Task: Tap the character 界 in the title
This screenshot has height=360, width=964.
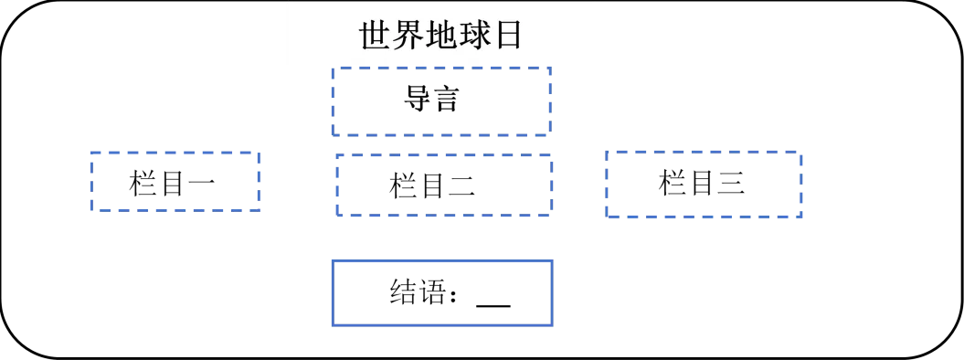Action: tap(409, 36)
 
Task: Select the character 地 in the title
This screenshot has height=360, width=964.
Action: tap(442, 36)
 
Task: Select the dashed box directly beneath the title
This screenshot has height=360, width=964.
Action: tap(442, 100)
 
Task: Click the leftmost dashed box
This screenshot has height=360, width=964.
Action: tap(175, 179)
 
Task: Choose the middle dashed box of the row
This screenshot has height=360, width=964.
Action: tap(442, 185)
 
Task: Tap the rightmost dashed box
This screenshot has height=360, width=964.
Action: tap(702, 184)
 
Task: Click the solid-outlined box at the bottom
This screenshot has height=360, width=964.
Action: tap(442, 291)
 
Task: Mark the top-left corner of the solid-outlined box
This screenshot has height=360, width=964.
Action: tap(332, 259)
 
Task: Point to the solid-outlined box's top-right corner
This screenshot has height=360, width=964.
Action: tap(554, 259)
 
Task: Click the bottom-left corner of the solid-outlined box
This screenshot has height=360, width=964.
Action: tap(332, 324)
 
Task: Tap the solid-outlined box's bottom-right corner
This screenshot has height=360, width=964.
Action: tap(554, 324)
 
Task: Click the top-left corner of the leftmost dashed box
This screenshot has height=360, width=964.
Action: tap(90, 150)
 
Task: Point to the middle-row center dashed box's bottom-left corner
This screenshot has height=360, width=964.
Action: tap(333, 217)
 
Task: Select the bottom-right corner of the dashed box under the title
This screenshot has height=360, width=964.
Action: tap(553, 132)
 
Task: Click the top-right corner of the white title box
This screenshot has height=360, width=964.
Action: tap(599, 4)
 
